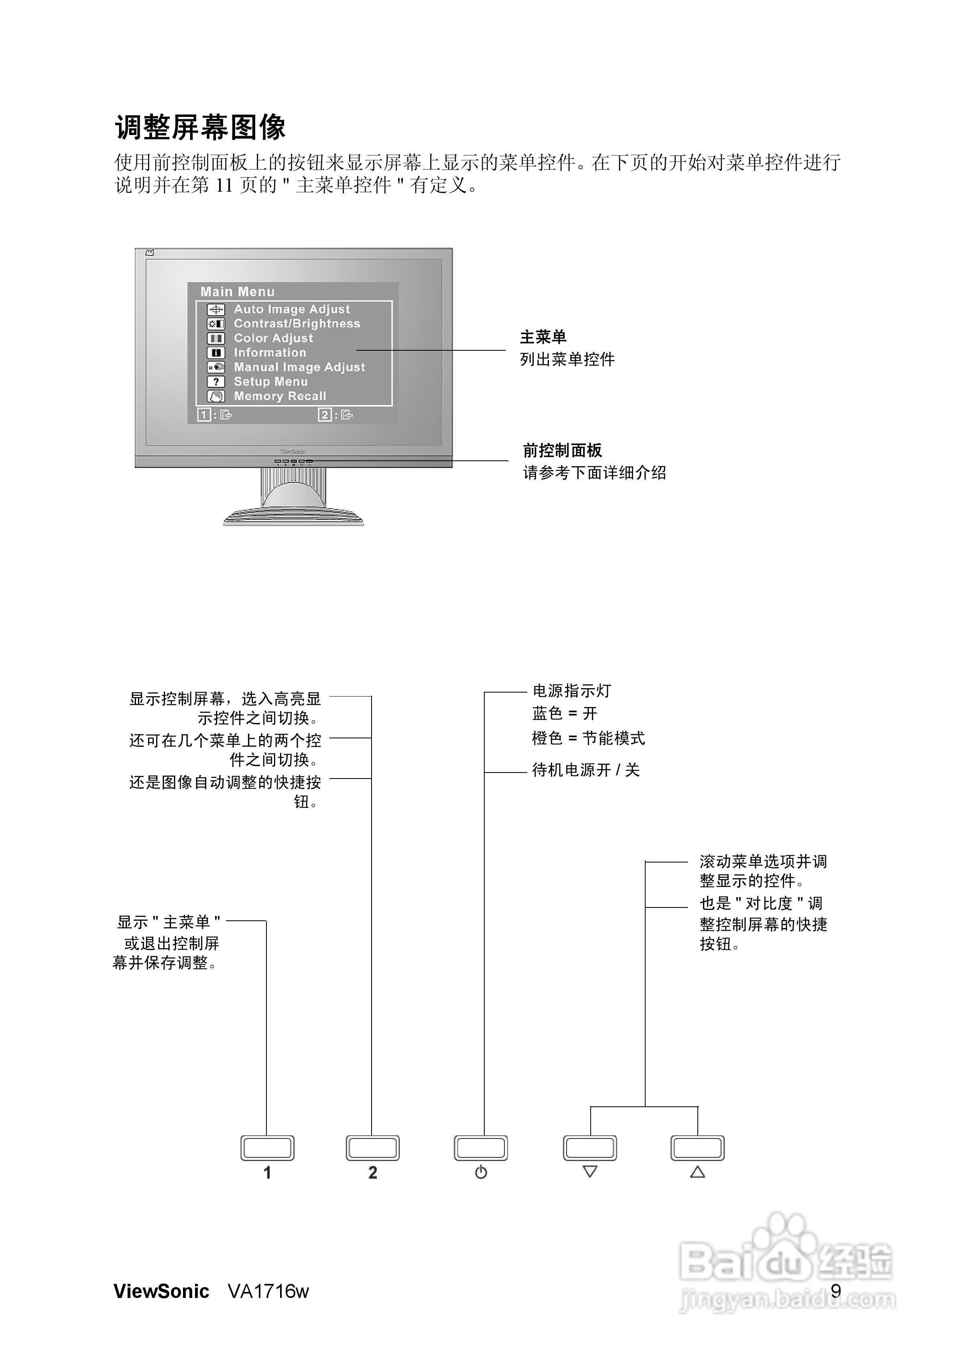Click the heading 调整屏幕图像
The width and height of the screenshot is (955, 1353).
(200, 127)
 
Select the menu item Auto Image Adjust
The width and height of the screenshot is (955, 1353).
(291, 309)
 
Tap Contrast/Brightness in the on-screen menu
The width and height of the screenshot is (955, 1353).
(297, 323)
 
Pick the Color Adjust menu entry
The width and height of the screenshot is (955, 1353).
(273, 338)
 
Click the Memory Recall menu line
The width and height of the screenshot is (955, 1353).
(280, 396)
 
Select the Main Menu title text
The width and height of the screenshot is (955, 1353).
(237, 292)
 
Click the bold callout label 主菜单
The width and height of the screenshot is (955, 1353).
(543, 337)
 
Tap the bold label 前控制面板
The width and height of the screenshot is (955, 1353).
(562, 450)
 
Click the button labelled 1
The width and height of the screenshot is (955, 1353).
(267, 1148)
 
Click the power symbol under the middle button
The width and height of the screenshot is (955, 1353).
(481, 1172)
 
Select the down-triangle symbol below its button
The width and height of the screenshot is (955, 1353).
(590, 1171)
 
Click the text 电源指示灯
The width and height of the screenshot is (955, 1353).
(572, 691)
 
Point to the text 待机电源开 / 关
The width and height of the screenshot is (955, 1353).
(585, 770)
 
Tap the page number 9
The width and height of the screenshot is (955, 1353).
(835, 1291)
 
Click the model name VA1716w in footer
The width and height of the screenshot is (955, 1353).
(268, 1291)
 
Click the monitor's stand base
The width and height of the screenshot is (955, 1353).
(293, 517)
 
